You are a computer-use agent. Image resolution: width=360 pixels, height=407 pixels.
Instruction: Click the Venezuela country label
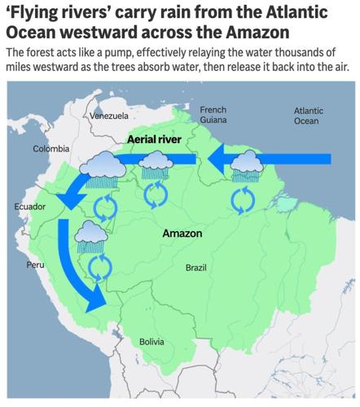click(x=109, y=116)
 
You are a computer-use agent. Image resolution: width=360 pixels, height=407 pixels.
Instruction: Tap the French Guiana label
click(x=213, y=115)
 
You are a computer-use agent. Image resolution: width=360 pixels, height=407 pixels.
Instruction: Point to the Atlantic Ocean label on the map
click(x=307, y=116)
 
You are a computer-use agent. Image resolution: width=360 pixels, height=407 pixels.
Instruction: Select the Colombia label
click(x=50, y=149)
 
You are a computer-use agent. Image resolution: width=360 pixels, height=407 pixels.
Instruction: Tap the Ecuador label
click(x=29, y=208)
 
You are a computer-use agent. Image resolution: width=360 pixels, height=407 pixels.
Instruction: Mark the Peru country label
click(x=36, y=265)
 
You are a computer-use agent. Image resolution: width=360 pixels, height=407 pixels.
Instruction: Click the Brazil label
click(x=196, y=268)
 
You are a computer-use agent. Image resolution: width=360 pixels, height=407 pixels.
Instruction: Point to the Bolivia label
click(x=151, y=342)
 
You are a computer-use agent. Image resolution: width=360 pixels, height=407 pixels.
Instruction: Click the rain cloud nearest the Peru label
click(x=89, y=239)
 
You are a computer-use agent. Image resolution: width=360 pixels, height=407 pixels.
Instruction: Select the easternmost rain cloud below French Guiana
click(x=246, y=168)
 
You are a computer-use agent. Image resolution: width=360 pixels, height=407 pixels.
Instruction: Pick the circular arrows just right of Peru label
click(x=99, y=266)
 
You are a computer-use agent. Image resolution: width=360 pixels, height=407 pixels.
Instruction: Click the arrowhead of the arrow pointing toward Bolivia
click(x=95, y=301)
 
